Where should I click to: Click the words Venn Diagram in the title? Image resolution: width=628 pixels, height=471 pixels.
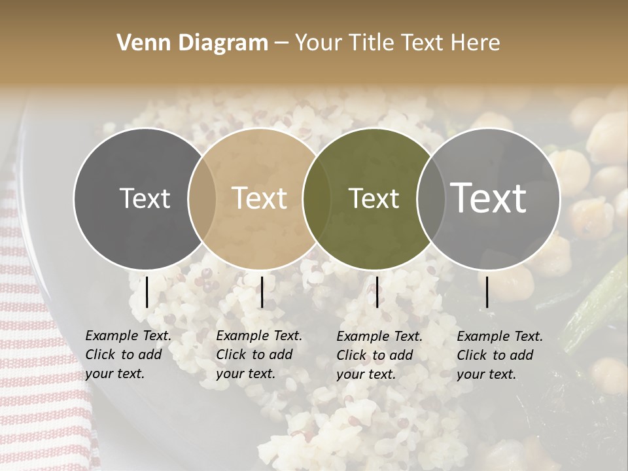pyautogui.click(x=192, y=43)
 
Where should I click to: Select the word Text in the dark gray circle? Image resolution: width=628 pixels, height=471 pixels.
pyautogui.click(x=145, y=199)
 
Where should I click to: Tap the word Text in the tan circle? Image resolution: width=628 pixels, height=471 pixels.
pyautogui.click(x=260, y=199)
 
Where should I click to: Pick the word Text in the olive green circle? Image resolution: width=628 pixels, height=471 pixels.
pyautogui.click(x=374, y=199)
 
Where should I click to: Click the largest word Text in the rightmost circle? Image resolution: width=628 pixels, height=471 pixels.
pyautogui.click(x=489, y=198)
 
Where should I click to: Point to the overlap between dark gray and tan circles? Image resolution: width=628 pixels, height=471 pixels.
pyautogui.click(x=202, y=199)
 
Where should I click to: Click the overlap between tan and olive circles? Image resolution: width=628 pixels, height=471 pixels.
pyautogui.click(x=317, y=199)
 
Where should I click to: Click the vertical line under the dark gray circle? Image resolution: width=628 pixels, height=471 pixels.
pyautogui.click(x=147, y=292)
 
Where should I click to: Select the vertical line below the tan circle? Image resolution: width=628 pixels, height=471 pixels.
pyautogui.click(x=262, y=292)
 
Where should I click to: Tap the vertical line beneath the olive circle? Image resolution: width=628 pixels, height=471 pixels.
pyautogui.click(x=377, y=292)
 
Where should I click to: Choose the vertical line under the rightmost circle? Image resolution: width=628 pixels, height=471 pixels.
pyautogui.click(x=487, y=292)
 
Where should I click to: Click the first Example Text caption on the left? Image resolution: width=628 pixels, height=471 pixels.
pyautogui.click(x=128, y=355)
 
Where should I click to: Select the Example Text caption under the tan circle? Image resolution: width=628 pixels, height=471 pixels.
pyautogui.click(x=259, y=355)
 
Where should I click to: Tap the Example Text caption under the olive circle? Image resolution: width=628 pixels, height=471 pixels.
pyautogui.click(x=379, y=355)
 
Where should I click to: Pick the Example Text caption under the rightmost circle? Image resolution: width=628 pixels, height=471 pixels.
pyautogui.click(x=500, y=355)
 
